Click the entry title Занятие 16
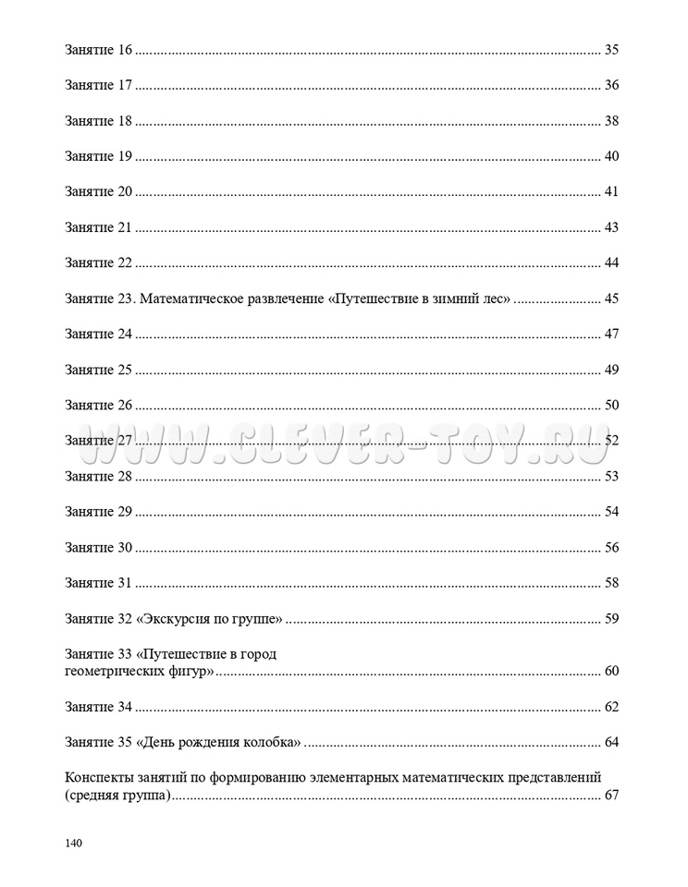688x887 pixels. pos(100,50)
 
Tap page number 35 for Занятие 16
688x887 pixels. pos(610,50)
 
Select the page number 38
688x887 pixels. pos(610,121)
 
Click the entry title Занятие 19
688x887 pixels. pos(100,156)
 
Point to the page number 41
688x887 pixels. pos(610,192)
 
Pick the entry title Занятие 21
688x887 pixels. pos(100,227)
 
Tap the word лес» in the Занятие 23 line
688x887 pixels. pos(493,298)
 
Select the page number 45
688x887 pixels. pos(610,298)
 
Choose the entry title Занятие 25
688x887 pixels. pos(100,370)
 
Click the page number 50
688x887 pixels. pos(610,406)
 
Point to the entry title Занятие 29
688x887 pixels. pos(100,512)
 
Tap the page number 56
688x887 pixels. pos(610,548)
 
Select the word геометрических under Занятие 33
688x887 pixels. pos(110,671)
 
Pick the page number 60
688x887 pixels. pos(610,671)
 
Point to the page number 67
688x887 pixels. pos(610,796)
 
